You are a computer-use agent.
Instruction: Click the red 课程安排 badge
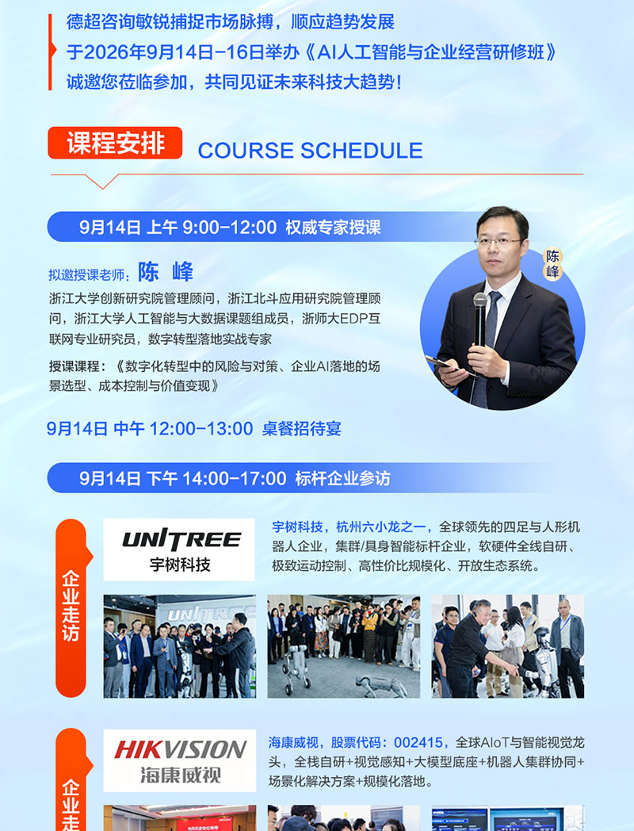(x=115, y=143)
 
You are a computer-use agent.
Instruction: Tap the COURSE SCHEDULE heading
(x=311, y=151)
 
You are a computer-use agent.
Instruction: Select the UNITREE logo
(x=179, y=550)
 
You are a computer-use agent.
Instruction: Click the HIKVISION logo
(x=180, y=760)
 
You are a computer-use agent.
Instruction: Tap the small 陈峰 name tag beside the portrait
(x=552, y=264)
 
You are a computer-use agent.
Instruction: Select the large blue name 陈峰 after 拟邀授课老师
(x=166, y=272)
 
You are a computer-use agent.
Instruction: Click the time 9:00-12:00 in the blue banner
(x=229, y=228)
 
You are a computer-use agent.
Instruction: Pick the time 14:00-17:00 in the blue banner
(x=234, y=479)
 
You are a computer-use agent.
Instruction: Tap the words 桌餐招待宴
(x=301, y=428)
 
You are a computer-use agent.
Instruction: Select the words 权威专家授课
(x=333, y=228)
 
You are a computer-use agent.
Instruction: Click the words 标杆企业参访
(x=342, y=479)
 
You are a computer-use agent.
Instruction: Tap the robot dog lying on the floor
(x=380, y=684)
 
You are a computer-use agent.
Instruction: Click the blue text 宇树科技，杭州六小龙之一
(x=348, y=527)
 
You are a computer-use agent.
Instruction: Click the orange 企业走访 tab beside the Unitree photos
(x=71, y=607)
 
